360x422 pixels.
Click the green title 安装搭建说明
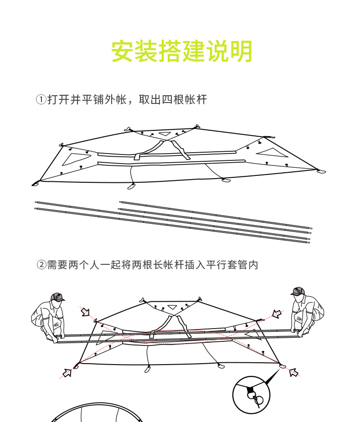(181, 51)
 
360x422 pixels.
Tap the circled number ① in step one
(41, 99)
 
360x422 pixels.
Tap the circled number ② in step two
(41, 264)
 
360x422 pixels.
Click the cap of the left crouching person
(57, 297)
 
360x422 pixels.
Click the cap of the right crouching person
(298, 291)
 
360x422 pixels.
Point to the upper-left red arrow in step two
(85, 312)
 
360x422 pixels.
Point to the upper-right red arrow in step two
(276, 314)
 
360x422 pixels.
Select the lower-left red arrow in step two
(67, 373)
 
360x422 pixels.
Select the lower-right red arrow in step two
(293, 372)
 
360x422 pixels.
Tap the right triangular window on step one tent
(273, 153)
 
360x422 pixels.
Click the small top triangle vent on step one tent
(165, 134)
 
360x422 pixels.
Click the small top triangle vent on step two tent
(172, 306)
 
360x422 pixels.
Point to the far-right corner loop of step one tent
(321, 171)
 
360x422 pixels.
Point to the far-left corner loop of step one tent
(35, 184)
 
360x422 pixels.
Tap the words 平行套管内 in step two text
(231, 264)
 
